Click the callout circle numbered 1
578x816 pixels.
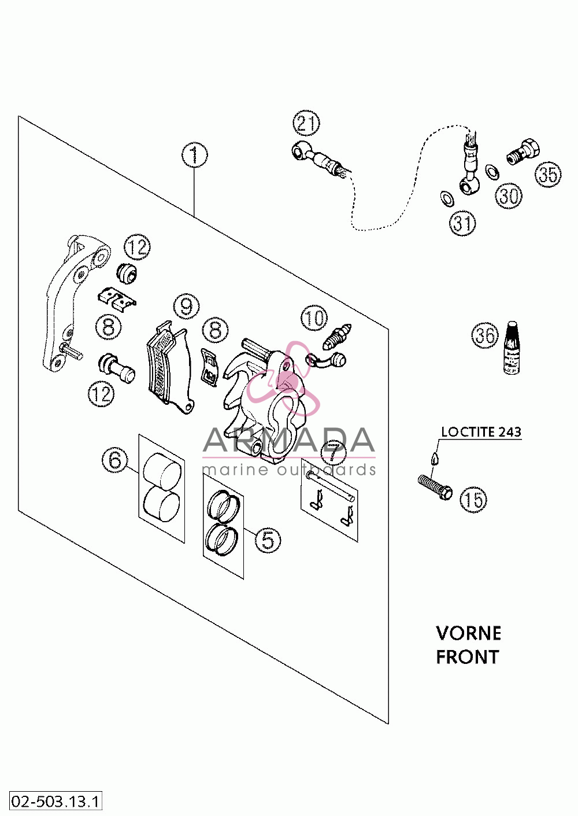195,155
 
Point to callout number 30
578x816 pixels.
509,195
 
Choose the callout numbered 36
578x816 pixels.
485,334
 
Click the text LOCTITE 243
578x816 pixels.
481,432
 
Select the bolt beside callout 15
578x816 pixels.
435,487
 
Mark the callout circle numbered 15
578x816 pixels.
473,500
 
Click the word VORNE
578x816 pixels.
468,633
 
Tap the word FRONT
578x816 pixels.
468,657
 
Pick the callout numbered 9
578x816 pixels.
186,307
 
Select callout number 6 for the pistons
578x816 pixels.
115,460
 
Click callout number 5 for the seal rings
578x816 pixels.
268,540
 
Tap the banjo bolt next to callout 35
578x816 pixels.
523,152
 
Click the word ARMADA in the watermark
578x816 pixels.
288,440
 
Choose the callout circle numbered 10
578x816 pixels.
314,317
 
